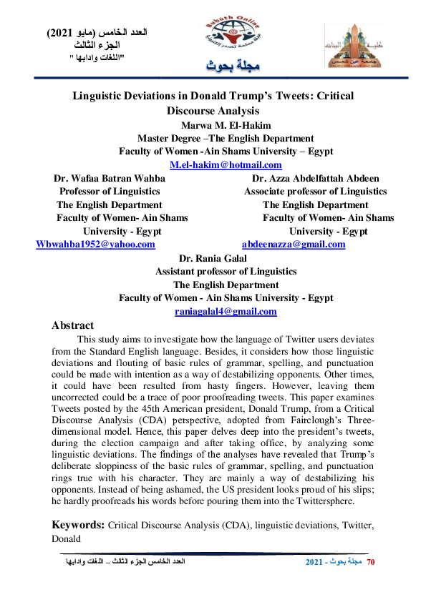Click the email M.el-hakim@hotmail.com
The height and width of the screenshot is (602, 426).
point(225,165)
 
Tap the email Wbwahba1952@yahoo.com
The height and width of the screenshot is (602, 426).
point(95,245)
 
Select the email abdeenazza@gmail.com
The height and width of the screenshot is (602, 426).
point(294,245)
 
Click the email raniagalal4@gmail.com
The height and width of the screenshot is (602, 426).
point(226,312)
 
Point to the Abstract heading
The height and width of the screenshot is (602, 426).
point(73,325)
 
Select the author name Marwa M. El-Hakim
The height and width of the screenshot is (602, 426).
point(225,125)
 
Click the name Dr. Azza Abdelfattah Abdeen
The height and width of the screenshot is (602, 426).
point(316,179)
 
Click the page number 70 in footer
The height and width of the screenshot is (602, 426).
point(370,563)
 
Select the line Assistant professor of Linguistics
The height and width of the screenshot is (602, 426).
point(226,272)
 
